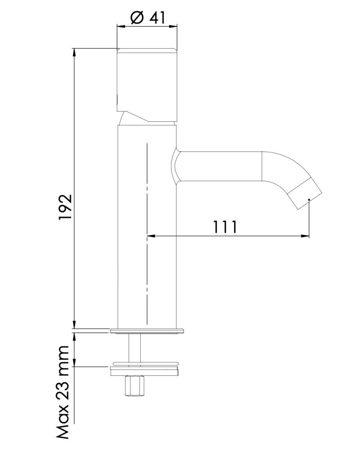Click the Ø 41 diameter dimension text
(x=148, y=18)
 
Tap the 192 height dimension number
(x=65, y=207)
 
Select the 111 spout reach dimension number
(x=225, y=227)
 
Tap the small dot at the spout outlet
(x=309, y=199)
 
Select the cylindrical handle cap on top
(x=147, y=85)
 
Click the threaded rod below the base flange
(x=135, y=348)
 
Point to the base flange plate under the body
(x=147, y=331)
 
